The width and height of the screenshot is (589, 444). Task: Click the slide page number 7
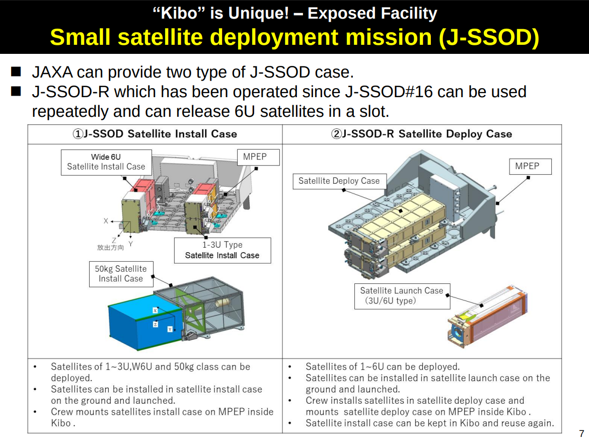[581, 433]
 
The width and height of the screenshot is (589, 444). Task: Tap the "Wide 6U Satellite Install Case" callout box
[106, 162]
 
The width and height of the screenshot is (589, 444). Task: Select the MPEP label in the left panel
[258, 157]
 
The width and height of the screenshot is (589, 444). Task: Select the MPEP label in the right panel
[531, 167]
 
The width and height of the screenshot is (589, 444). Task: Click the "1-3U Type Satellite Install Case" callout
[223, 250]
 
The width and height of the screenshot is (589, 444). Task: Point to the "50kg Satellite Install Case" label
[121, 274]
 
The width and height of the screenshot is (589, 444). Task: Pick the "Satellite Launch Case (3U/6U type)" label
[402, 296]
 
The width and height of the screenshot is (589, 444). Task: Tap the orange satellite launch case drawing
[488, 316]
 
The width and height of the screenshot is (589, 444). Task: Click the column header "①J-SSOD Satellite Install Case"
[155, 134]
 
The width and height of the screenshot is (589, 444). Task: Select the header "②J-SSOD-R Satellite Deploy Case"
[421, 134]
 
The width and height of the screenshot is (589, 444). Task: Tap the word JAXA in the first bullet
[52, 72]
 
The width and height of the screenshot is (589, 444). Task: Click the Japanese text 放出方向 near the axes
[110, 248]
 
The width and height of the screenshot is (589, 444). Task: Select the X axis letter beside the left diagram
[106, 221]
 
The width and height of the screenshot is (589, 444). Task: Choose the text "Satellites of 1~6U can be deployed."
[383, 366]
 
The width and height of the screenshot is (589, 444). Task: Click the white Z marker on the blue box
[155, 324]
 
